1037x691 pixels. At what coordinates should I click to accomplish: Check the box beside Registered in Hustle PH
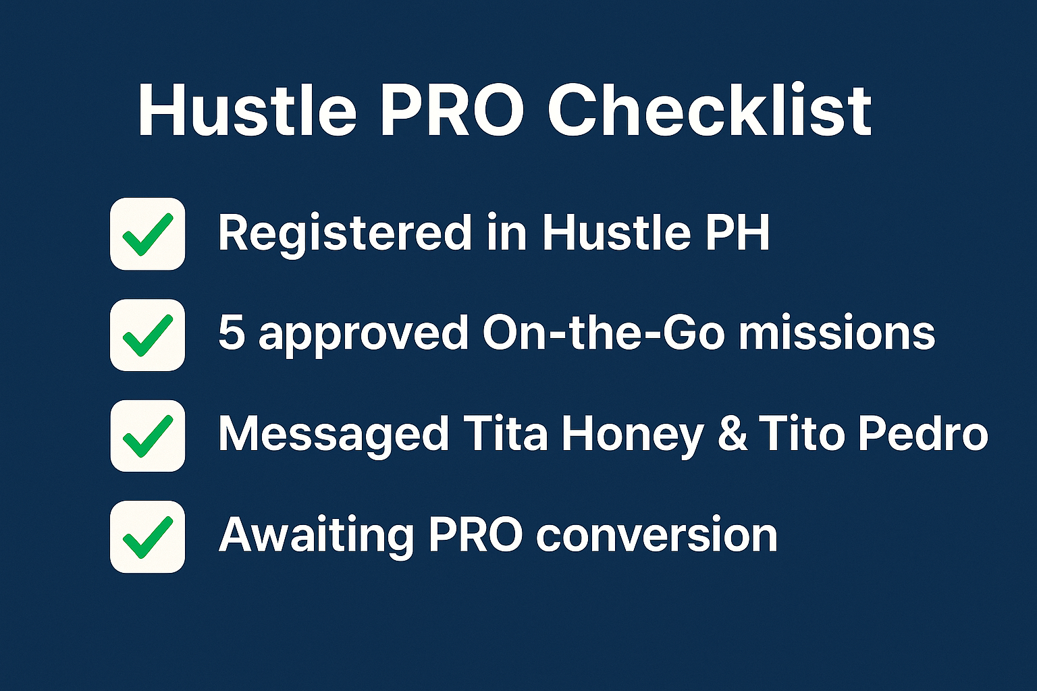tap(147, 233)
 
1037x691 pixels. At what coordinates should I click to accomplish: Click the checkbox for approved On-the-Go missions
tap(147, 335)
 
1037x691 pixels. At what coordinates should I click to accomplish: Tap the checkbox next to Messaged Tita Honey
tap(147, 435)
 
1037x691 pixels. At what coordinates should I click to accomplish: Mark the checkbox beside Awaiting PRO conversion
tap(147, 536)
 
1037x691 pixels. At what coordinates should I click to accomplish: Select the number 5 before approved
tap(231, 333)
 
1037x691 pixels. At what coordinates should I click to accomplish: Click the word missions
tap(836, 333)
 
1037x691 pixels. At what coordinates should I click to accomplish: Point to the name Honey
tap(633, 435)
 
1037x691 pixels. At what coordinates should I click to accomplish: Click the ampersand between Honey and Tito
tap(732, 434)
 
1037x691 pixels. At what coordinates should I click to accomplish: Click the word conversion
tap(656, 535)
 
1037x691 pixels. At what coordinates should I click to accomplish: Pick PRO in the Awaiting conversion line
tap(476, 535)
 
